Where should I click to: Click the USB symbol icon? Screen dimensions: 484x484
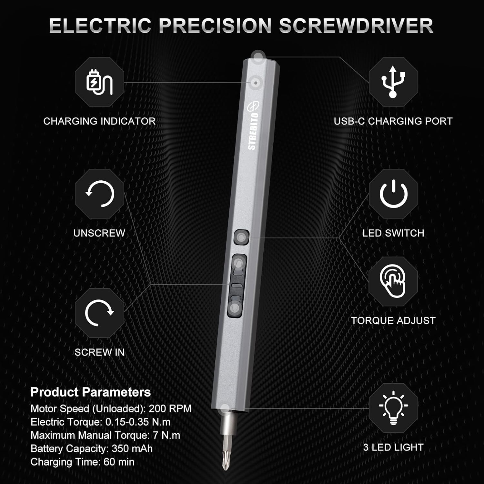tap(393, 82)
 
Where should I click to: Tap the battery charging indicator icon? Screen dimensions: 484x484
tap(99, 82)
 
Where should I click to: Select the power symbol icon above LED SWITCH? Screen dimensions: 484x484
tap(393, 194)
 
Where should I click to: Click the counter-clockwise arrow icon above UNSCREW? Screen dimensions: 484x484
tap(100, 194)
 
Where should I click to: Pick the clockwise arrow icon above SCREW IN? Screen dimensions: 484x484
tap(99, 313)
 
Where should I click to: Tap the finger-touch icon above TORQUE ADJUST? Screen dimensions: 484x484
tap(393, 281)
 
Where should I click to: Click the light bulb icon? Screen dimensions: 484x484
tap(393, 407)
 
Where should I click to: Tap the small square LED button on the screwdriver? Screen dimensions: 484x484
tap(241, 237)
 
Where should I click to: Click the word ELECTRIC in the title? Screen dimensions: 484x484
tap(100, 26)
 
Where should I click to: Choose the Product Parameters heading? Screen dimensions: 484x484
tap(91, 392)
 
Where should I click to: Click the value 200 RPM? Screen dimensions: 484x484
tap(170, 408)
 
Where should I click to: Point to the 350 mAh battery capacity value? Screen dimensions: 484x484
tap(132, 449)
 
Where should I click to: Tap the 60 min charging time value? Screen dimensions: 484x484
tap(119, 462)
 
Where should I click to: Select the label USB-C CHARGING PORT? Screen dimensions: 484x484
tap(393, 121)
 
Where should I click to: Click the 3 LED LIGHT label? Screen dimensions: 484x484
tap(393, 447)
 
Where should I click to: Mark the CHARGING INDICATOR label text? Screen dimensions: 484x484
tap(99, 121)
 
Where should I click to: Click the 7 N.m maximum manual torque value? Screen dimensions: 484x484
tap(166, 435)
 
